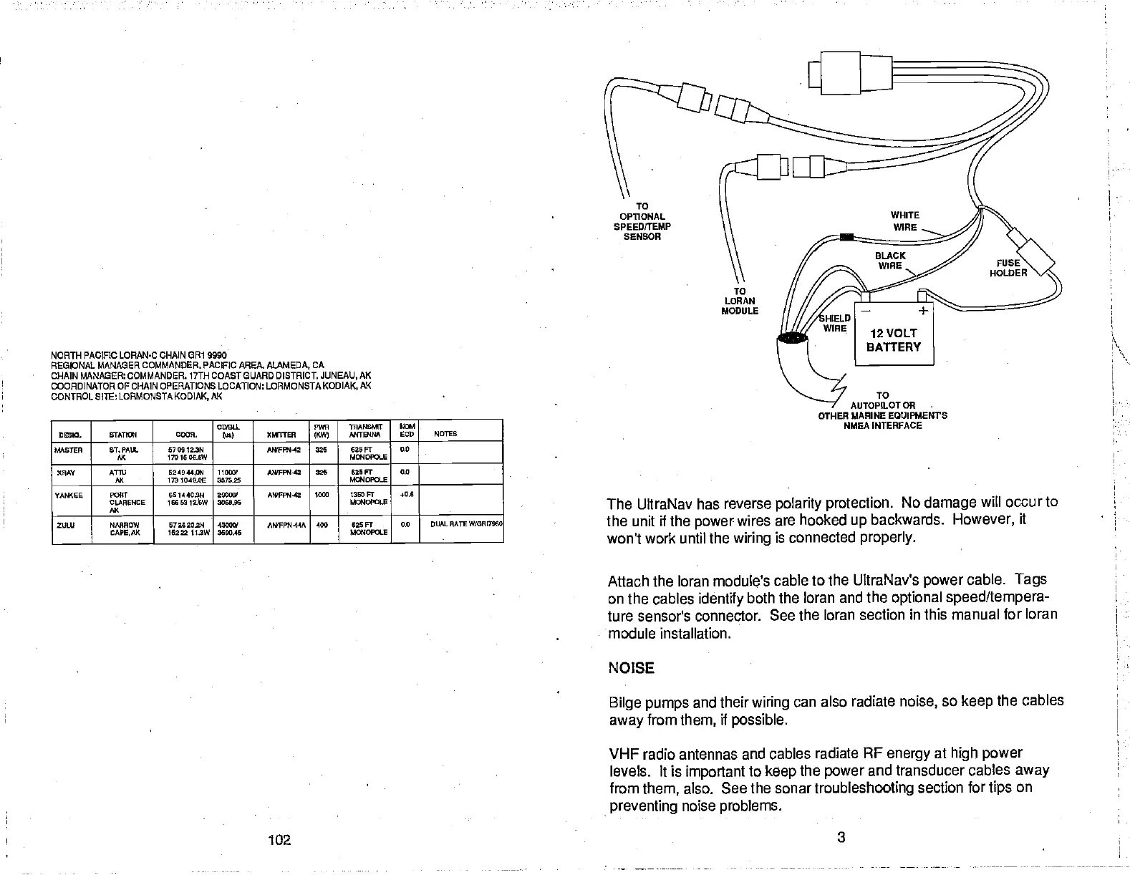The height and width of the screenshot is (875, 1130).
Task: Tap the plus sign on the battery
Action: coord(924,310)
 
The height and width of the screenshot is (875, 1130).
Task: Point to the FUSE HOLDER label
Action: coord(1008,268)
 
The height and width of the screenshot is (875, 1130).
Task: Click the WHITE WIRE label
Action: coord(904,221)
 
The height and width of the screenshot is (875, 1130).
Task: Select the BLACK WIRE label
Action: coord(890,261)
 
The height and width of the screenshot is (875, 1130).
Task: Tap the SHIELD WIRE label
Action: coord(835,323)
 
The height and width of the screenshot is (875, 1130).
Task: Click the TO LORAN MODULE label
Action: coord(740,301)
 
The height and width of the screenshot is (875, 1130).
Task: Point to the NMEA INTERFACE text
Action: coord(882,425)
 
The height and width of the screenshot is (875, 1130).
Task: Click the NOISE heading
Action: coord(631,668)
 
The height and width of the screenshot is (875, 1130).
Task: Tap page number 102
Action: coord(279,839)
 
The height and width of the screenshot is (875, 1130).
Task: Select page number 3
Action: coord(841,837)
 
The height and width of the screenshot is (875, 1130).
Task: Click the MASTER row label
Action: coord(69,450)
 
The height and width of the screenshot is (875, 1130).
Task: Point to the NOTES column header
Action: coord(445,434)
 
